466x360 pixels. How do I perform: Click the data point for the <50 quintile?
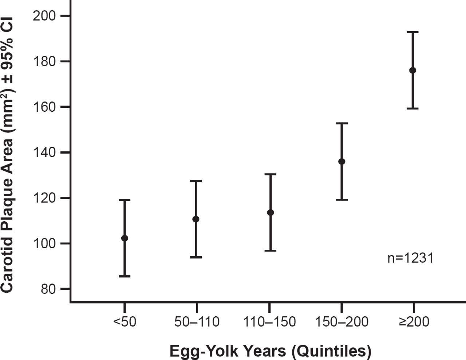tap(125, 238)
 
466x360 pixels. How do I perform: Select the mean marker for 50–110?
tap(196, 219)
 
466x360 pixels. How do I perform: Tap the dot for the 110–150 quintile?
tap(270, 212)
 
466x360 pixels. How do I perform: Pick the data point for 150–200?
tap(341, 161)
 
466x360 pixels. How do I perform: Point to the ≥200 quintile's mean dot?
tap(412, 70)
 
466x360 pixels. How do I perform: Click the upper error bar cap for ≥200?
tap(412, 32)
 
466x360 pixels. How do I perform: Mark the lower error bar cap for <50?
tap(125, 276)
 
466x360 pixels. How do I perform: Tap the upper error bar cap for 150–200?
tap(341, 123)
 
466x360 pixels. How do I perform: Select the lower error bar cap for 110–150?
tap(270, 250)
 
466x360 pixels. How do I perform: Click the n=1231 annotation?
tap(410, 258)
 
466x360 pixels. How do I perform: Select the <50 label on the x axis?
tap(125, 322)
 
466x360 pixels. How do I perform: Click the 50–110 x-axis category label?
tap(197, 322)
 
